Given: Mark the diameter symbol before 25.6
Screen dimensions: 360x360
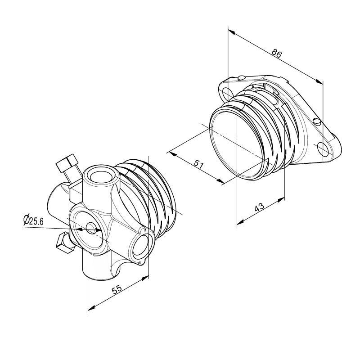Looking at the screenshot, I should [27, 220].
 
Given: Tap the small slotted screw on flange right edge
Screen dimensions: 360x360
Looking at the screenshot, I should [317, 121].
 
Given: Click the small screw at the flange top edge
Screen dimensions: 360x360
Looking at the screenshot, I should [243, 77].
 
